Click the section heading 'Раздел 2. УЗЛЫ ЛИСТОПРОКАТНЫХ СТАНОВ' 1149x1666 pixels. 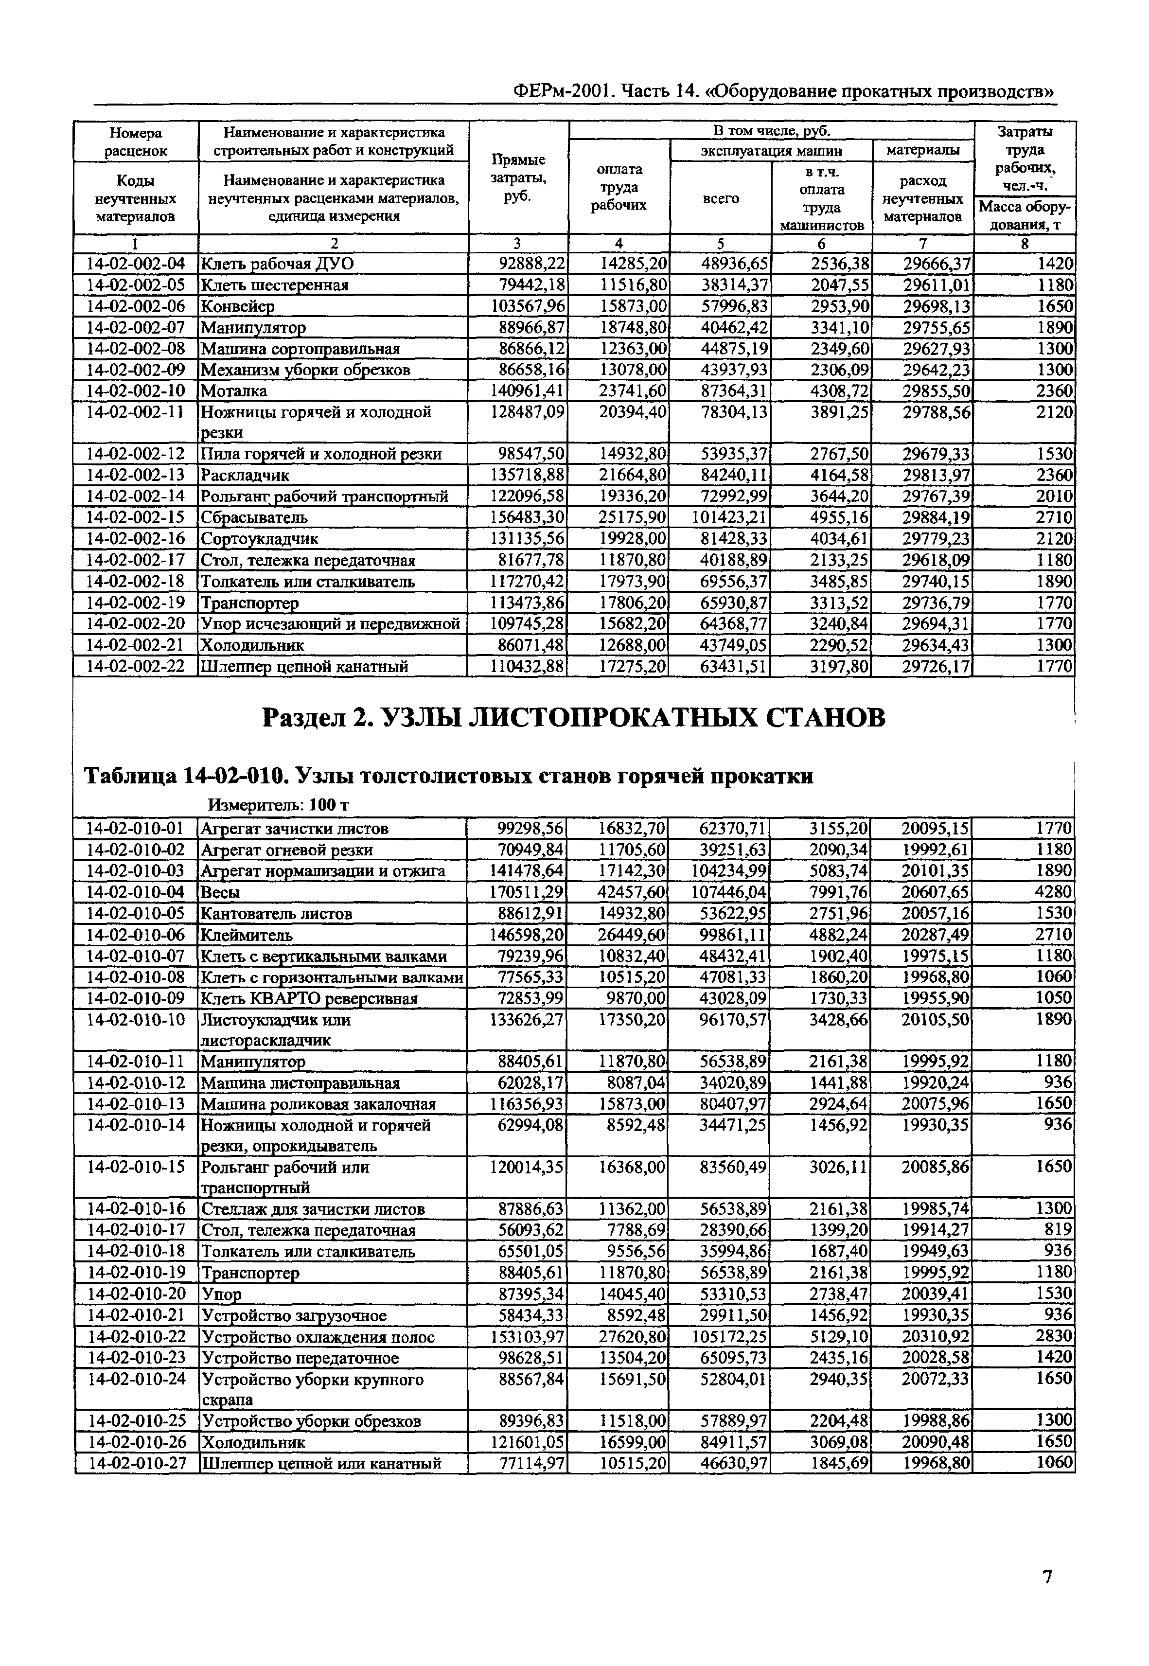click(573, 717)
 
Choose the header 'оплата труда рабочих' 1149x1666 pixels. click(619, 187)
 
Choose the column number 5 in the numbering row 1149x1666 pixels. click(720, 243)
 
